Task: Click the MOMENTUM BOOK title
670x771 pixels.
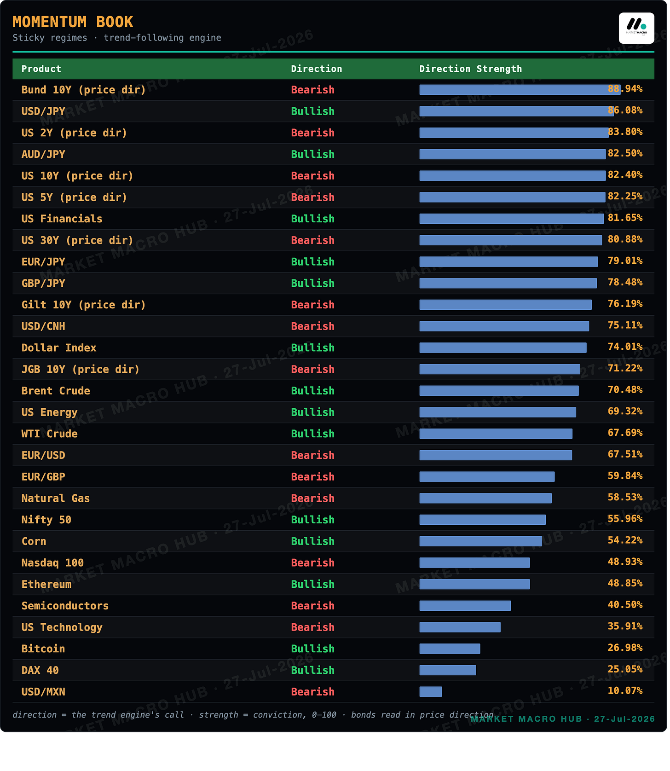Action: pyautogui.click(x=73, y=22)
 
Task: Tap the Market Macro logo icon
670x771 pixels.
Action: pyautogui.click(x=636, y=28)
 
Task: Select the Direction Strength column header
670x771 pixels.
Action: pyautogui.click(x=470, y=69)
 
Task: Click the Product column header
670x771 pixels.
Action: pyautogui.click(x=41, y=69)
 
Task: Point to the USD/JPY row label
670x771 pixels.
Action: pyautogui.click(x=43, y=111)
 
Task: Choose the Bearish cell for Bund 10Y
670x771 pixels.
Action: pyautogui.click(x=312, y=90)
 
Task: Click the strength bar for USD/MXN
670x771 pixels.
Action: pyautogui.click(x=431, y=691)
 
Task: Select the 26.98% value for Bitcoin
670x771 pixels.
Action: pyautogui.click(x=625, y=648)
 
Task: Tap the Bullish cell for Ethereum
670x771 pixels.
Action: pyautogui.click(x=312, y=584)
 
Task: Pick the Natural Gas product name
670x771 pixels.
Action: pyautogui.click(x=56, y=498)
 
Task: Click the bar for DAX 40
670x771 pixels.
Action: pyautogui.click(x=448, y=670)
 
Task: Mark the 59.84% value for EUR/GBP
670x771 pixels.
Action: pyautogui.click(x=625, y=475)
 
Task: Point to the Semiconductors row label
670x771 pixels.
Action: pyautogui.click(x=65, y=606)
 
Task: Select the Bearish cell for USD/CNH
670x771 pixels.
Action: pyautogui.click(x=312, y=326)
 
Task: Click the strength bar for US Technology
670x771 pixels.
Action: pyautogui.click(x=460, y=627)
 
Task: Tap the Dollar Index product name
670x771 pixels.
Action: pyautogui.click(x=59, y=348)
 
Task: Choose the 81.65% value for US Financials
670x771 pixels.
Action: pyautogui.click(x=625, y=218)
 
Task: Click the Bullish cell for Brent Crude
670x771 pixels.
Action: pyautogui.click(x=312, y=391)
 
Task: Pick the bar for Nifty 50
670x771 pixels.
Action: pyautogui.click(x=483, y=520)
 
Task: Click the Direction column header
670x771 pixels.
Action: pyautogui.click(x=317, y=69)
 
